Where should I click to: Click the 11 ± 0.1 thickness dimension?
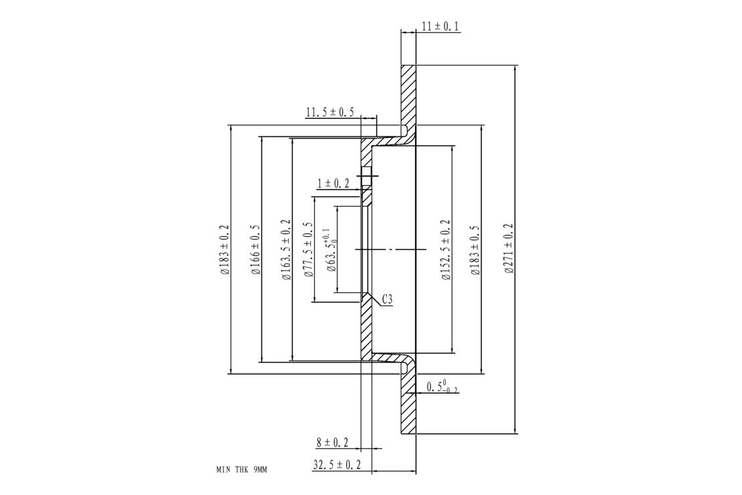click(440, 26)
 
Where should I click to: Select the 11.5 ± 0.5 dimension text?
click(330, 113)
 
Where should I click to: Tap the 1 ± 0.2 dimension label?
click(333, 183)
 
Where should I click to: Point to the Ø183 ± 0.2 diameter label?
click(225, 250)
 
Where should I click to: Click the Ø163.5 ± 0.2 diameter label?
click(286, 250)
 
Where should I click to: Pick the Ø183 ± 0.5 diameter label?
click(475, 250)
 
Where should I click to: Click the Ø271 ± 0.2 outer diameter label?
click(509, 248)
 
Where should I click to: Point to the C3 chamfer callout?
click(387, 300)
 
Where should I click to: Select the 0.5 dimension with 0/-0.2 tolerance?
click(442, 387)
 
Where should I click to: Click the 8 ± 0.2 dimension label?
click(332, 442)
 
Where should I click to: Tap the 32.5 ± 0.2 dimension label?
click(337, 465)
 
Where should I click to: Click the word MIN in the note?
click(223, 470)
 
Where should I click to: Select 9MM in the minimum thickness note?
click(260, 470)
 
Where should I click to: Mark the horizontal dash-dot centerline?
click(390, 249)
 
